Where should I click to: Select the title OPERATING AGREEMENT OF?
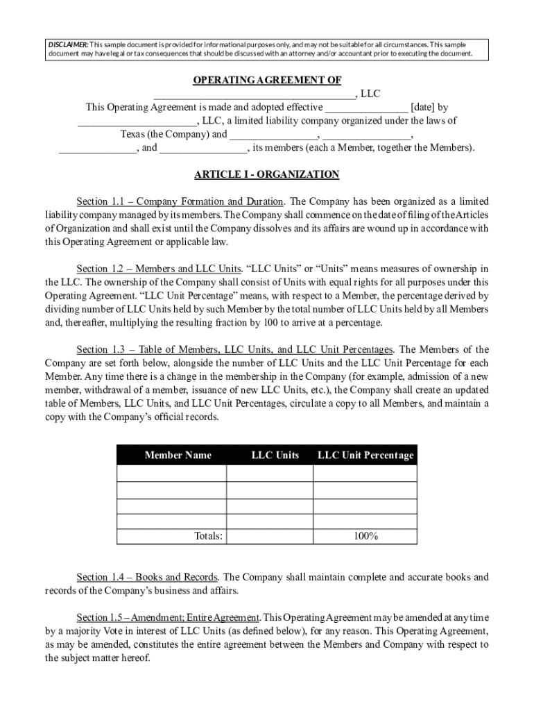pos(266,81)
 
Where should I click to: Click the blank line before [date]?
pos(366,108)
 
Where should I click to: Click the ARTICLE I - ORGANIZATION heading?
pos(266,174)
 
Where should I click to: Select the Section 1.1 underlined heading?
pos(180,201)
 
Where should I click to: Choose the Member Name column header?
pos(178,455)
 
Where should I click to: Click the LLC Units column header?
pos(275,455)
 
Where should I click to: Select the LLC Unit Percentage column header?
pos(365,455)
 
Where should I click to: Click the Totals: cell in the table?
pos(208,536)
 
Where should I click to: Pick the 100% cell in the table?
pos(364,536)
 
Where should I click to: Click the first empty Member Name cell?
pos(171,474)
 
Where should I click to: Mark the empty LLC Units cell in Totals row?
pos(269,536)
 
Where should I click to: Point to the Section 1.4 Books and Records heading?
pos(148,577)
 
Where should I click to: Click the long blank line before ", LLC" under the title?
pos(254,94)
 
